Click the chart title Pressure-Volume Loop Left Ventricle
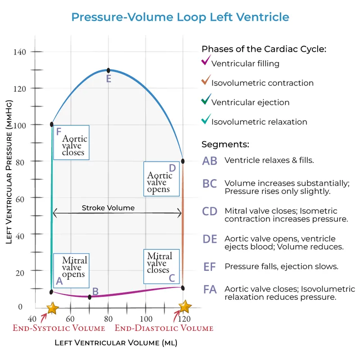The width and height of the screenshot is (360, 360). click(x=180, y=17)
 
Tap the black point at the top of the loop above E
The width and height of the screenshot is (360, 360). click(x=108, y=71)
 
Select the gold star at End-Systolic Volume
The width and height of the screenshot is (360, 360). click(x=53, y=308)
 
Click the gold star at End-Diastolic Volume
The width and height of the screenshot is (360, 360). click(x=185, y=307)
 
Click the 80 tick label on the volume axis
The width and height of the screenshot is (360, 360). click(x=108, y=319)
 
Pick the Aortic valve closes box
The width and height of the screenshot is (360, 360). click(x=71, y=142)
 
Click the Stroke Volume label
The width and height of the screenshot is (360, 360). click(x=108, y=208)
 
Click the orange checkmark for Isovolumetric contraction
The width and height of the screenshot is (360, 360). click(x=206, y=81)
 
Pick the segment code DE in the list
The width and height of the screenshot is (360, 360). click(x=210, y=239)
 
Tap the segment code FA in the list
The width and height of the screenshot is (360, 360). click(x=210, y=289)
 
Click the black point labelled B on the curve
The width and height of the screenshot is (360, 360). click(x=90, y=297)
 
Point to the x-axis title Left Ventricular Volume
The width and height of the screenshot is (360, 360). click(x=116, y=343)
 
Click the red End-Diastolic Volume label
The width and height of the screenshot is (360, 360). click(x=164, y=328)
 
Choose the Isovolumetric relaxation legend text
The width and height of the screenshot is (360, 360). click(x=259, y=122)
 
